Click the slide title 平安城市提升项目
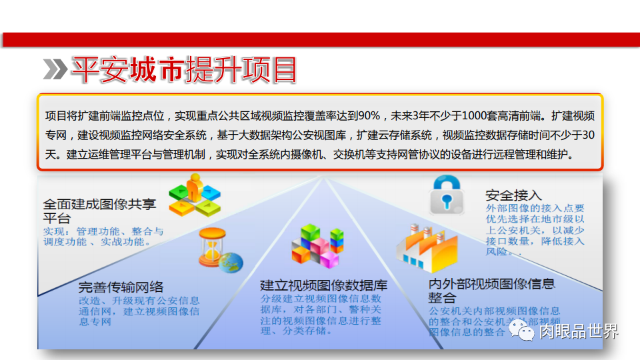click(x=184, y=69)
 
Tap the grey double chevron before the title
click(x=55, y=69)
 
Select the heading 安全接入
click(x=513, y=195)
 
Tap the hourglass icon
click(x=212, y=247)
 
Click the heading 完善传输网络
click(x=121, y=287)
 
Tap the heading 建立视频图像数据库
click(x=323, y=285)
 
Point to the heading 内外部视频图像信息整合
click(x=491, y=291)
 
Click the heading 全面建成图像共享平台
click(x=99, y=211)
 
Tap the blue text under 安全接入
click(x=535, y=230)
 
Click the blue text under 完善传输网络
click(x=139, y=311)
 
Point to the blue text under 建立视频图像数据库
click(x=321, y=314)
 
